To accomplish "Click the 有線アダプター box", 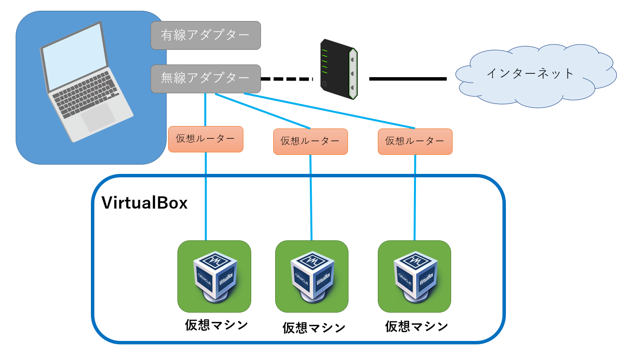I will [205, 35].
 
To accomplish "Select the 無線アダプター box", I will [205, 78].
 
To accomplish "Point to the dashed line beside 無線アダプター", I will [286, 79].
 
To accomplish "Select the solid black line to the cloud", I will [408, 79].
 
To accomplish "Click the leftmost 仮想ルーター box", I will [205, 139].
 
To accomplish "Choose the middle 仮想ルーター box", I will [310, 142].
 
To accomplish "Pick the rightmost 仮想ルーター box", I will [415, 142].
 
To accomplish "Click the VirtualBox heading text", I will [144, 203].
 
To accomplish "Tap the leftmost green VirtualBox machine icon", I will [214, 276].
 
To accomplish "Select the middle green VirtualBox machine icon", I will [312, 276].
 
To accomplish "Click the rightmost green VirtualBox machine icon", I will [414, 276].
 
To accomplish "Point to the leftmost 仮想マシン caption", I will [216, 325].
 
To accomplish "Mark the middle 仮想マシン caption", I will [314, 328].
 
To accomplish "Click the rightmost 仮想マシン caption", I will [416, 326].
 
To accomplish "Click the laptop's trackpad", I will [98, 117].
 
